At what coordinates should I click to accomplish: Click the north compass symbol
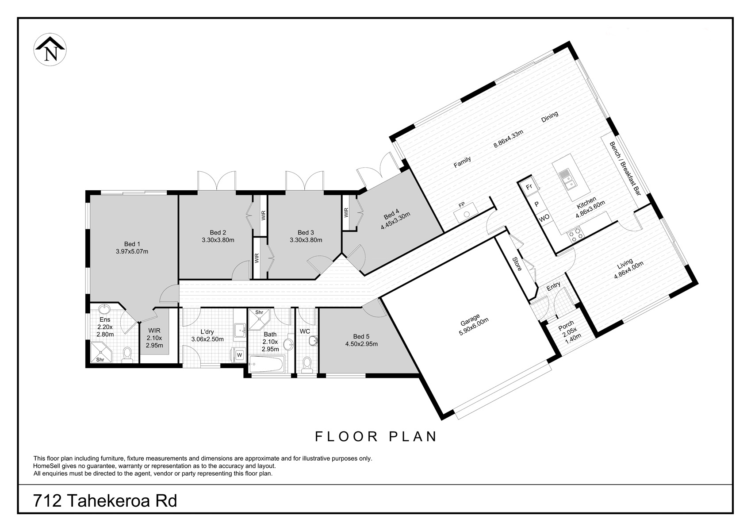click(x=50, y=49)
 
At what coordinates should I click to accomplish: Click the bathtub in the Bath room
click(x=267, y=364)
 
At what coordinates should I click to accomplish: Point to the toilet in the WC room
click(x=307, y=366)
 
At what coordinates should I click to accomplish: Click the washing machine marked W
click(x=239, y=355)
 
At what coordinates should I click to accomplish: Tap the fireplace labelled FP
click(x=465, y=212)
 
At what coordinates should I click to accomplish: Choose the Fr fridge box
click(x=529, y=187)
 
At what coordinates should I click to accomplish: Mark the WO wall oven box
click(x=544, y=218)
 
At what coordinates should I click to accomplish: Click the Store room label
click(x=517, y=264)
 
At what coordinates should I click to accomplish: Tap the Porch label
click(x=566, y=325)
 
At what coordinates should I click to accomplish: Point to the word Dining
click(x=550, y=116)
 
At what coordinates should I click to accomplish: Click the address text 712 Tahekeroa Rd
click(x=105, y=501)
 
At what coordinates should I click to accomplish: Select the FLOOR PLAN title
click(x=376, y=436)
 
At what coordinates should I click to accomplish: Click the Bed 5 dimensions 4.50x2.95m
click(x=361, y=344)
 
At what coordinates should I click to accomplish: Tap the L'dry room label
click(x=207, y=332)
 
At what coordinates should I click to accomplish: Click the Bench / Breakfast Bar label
click(x=625, y=169)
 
